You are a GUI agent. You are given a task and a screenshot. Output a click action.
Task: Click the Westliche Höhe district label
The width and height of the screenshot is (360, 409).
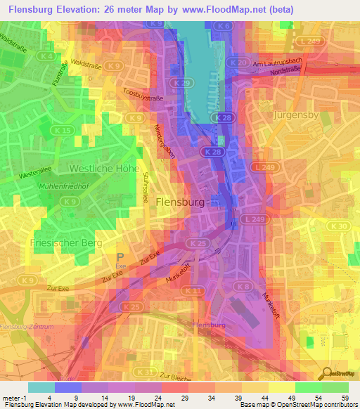click(x=103, y=169)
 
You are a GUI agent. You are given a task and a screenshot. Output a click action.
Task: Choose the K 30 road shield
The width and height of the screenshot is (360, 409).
click(x=341, y=226)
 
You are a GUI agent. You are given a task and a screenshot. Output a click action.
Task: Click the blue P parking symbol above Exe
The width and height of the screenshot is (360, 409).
click(x=120, y=258)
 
